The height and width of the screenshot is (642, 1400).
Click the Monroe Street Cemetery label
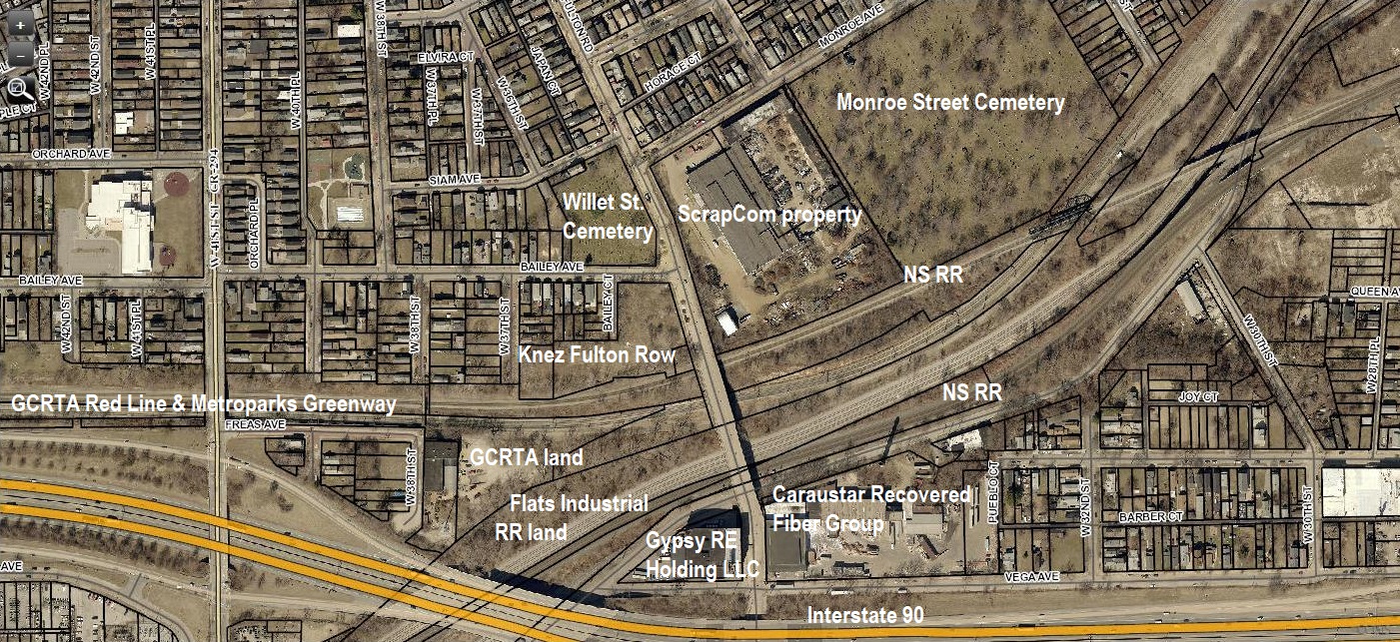click(950, 103)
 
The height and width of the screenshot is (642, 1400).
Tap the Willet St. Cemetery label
click(608, 217)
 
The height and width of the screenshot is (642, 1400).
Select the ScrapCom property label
click(769, 214)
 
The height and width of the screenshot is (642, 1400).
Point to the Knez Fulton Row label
click(597, 354)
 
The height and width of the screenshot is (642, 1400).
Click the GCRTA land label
click(526, 457)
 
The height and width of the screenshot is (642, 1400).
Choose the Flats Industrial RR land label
click(572, 517)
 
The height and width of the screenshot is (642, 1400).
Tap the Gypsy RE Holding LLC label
click(692, 556)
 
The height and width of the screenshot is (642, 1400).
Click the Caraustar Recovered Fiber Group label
click(870, 509)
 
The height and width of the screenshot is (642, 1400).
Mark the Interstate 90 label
click(865, 615)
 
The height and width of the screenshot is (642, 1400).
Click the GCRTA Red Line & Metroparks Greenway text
click(203, 404)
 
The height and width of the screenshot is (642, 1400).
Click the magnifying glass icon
click(20, 89)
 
